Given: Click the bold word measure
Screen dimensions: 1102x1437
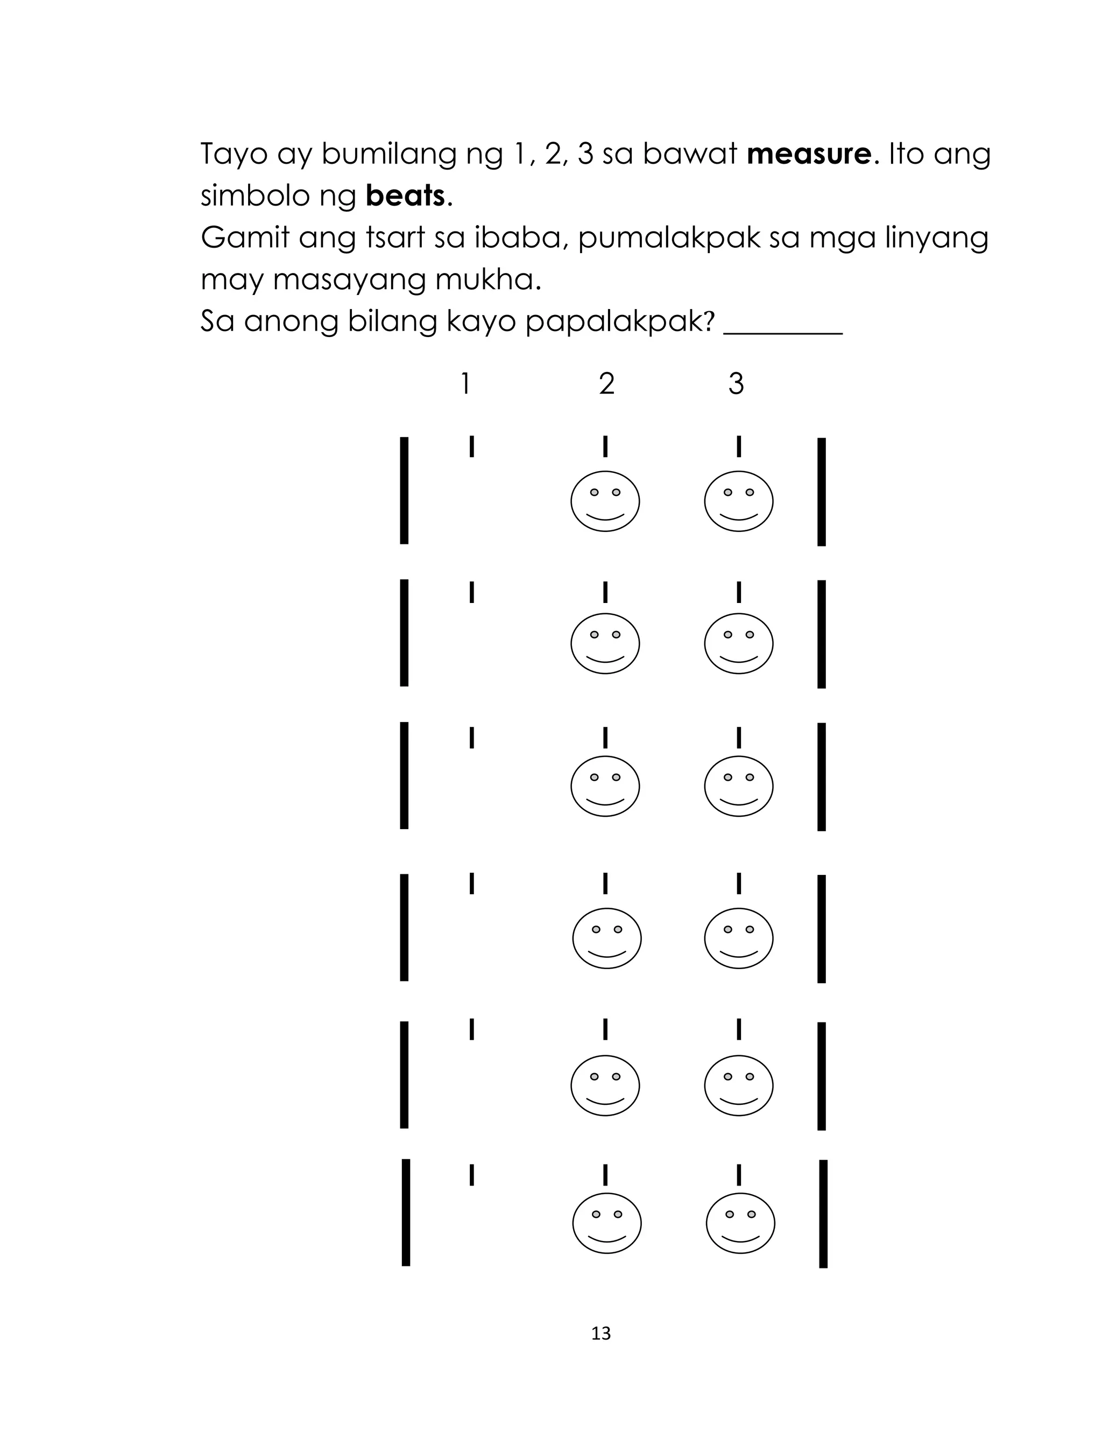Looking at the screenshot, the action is pyautogui.click(x=809, y=154).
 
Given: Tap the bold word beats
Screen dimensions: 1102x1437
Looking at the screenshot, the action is pyautogui.click(x=405, y=195).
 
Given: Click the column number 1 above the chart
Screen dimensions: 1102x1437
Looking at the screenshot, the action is pyautogui.click(x=465, y=383).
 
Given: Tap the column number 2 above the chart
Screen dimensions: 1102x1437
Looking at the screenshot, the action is pyautogui.click(x=607, y=383).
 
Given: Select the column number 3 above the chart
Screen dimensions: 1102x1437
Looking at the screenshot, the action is pyautogui.click(x=736, y=383).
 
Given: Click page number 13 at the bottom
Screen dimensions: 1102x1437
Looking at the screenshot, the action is pyautogui.click(x=601, y=1333).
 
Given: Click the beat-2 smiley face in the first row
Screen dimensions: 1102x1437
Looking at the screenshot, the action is pyautogui.click(x=605, y=501).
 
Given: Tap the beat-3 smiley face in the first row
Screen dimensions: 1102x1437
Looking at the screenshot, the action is pyautogui.click(x=739, y=501).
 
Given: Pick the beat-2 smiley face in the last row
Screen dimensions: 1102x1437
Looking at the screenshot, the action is pyautogui.click(x=607, y=1223).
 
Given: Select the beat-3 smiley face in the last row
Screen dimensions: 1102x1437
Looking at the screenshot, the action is pyautogui.click(x=740, y=1223).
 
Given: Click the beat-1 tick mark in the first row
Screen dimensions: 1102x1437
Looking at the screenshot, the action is pyautogui.click(x=471, y=446).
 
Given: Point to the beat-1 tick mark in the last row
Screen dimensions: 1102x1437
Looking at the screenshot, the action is pyautogui.click(x=471, y=1175).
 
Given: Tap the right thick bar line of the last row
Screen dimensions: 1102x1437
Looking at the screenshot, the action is pyautogui.click(x=823, y=1214).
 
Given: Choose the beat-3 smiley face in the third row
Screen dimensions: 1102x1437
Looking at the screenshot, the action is pyautogui.click(x=739, y=786).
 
